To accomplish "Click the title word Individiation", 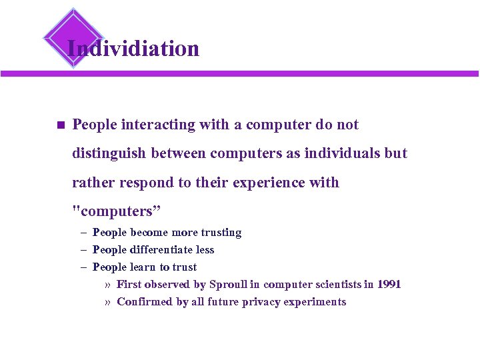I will tap(133, 49).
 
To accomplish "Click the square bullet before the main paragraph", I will tap(59, 125).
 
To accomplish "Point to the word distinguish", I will tap(109, 153).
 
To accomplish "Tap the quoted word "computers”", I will tap(117, 211).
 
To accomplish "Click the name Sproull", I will tap(228, 285).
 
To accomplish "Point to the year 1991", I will tap(389, 285).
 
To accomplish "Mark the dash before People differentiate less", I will tap(85, 250).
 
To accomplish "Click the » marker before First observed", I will tap(107, 285).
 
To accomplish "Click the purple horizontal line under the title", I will tap(267, 73).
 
